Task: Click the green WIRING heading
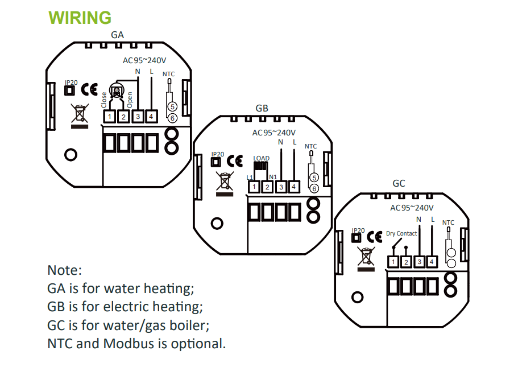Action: pos(80,18)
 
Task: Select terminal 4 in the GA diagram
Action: pos(151,117)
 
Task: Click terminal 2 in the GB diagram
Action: pos(268,186)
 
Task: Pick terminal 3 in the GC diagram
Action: pos(420,262)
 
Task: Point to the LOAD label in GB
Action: pos(261,158)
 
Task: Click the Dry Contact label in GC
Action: pos(401,233)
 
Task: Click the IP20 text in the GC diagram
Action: pos(358,230)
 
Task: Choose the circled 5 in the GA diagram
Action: pos(173,106)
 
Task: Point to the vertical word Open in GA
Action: pos(130,100)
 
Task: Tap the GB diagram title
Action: pos(262,108)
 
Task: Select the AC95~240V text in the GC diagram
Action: pos(412,208)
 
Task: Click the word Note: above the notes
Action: pos(65,270)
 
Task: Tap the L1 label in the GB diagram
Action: pos(250,178)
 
